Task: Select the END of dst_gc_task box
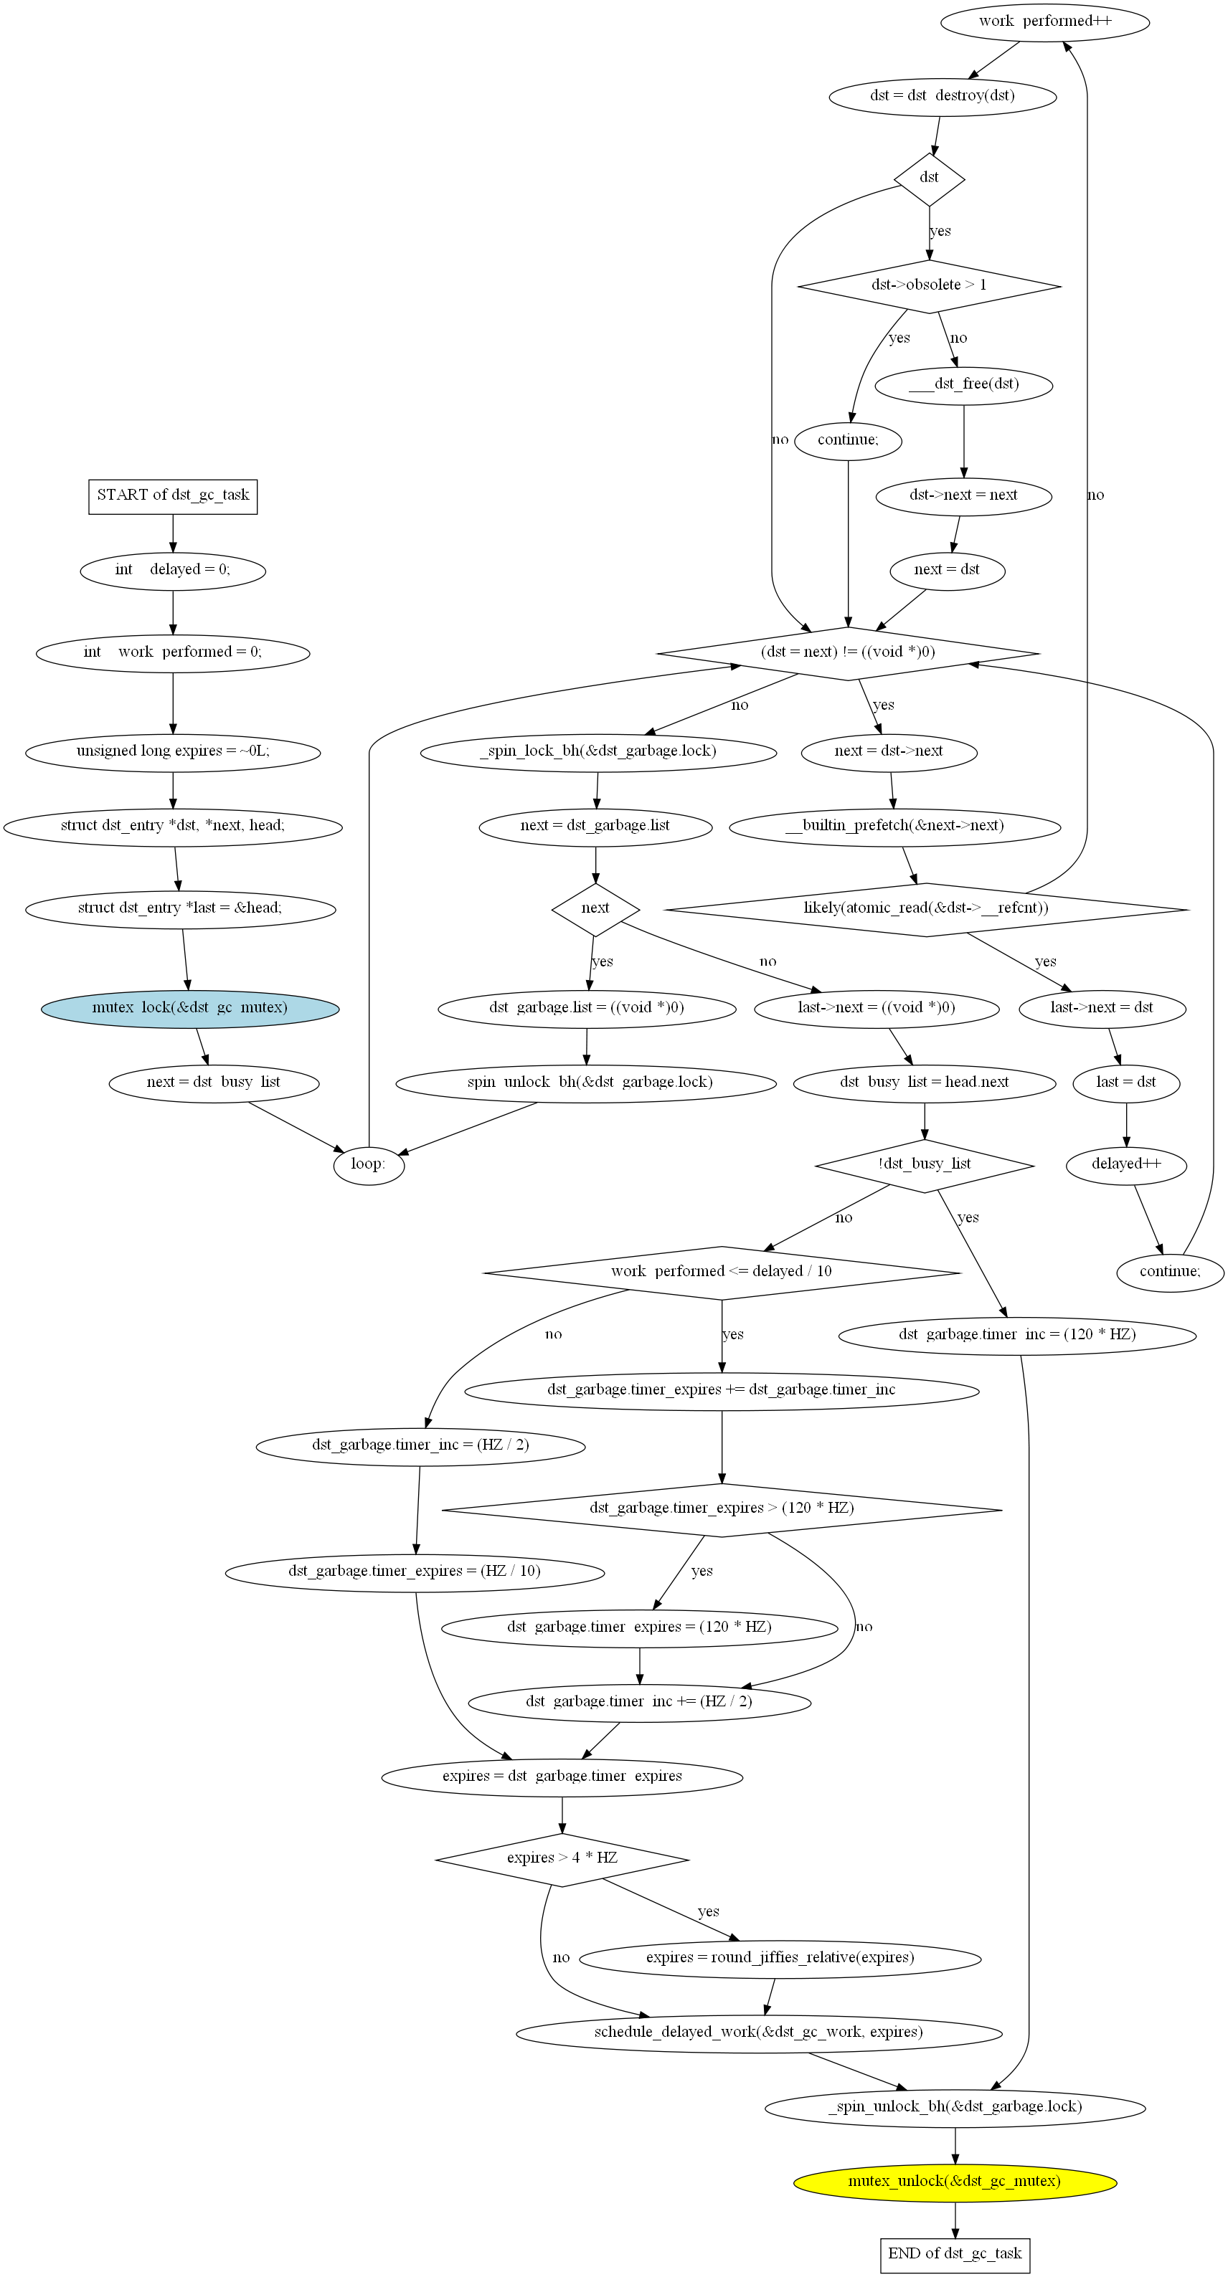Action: (955, 2254)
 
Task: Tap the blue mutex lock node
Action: (190, 1009)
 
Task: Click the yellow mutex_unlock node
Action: (955, 2182)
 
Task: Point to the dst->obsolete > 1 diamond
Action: (929, 285)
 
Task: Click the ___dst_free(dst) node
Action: (963, 384)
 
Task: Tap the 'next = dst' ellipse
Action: (947, 570)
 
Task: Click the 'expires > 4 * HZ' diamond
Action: (562, 1859)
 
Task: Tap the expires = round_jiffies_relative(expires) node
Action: (780, 1958)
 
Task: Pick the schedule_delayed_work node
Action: (759, 2032)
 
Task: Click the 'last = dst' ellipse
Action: (1126, 1083)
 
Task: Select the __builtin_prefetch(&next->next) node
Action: (894, 827)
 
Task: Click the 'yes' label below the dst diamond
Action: (940, 232)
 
